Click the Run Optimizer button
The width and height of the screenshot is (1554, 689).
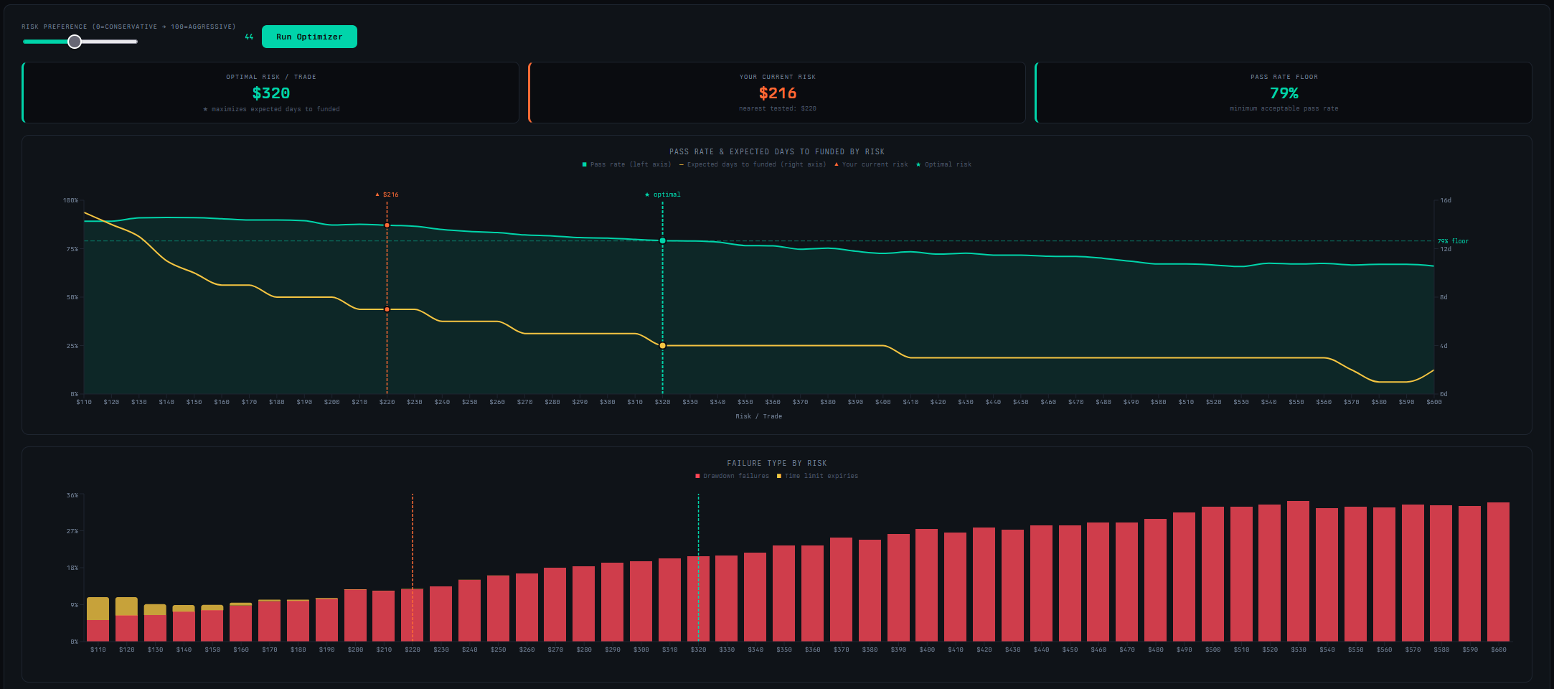309,37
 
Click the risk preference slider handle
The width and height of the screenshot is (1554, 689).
75,42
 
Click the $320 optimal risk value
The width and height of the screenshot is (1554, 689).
271,93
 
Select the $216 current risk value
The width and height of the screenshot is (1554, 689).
778,93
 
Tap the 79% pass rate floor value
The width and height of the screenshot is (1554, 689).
1284,93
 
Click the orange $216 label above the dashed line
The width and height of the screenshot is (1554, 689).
387,194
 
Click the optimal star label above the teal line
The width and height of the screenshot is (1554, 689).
663,194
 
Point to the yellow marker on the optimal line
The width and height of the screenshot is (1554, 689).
662,346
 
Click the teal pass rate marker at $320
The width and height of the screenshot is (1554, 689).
662,241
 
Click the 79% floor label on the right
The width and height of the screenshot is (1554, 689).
1453,241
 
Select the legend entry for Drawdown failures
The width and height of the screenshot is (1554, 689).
732,476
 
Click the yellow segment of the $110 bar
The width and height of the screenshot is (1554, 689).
98,608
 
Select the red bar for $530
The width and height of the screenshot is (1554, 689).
1298,571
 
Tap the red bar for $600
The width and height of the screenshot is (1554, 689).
1498,571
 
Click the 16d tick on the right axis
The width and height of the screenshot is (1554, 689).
1446,200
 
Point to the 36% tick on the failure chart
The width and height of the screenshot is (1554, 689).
72,495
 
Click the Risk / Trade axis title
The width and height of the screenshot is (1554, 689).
758,416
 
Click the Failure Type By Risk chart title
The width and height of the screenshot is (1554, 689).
776,463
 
